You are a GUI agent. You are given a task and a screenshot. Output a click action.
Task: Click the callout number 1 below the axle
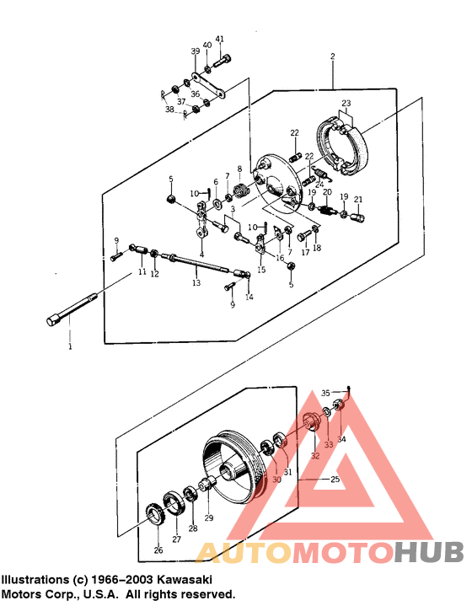tap(71, 346)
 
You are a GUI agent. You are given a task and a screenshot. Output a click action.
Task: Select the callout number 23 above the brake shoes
tap(346, 104)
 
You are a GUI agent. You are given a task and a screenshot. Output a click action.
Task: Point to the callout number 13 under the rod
tap(196, 284)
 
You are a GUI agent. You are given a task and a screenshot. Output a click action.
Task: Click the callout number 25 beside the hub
tap(335, 479)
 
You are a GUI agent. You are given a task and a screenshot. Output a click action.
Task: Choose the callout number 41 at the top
tap(220, 39)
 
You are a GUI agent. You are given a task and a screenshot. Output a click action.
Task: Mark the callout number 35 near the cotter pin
tap(326, 392)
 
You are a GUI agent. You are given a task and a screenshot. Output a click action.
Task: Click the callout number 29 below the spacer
tap(209, 518)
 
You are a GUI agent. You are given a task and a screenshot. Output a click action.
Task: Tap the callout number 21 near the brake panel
tap(357, 199)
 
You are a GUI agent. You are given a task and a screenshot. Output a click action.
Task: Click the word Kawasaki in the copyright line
tap(180, 581)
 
